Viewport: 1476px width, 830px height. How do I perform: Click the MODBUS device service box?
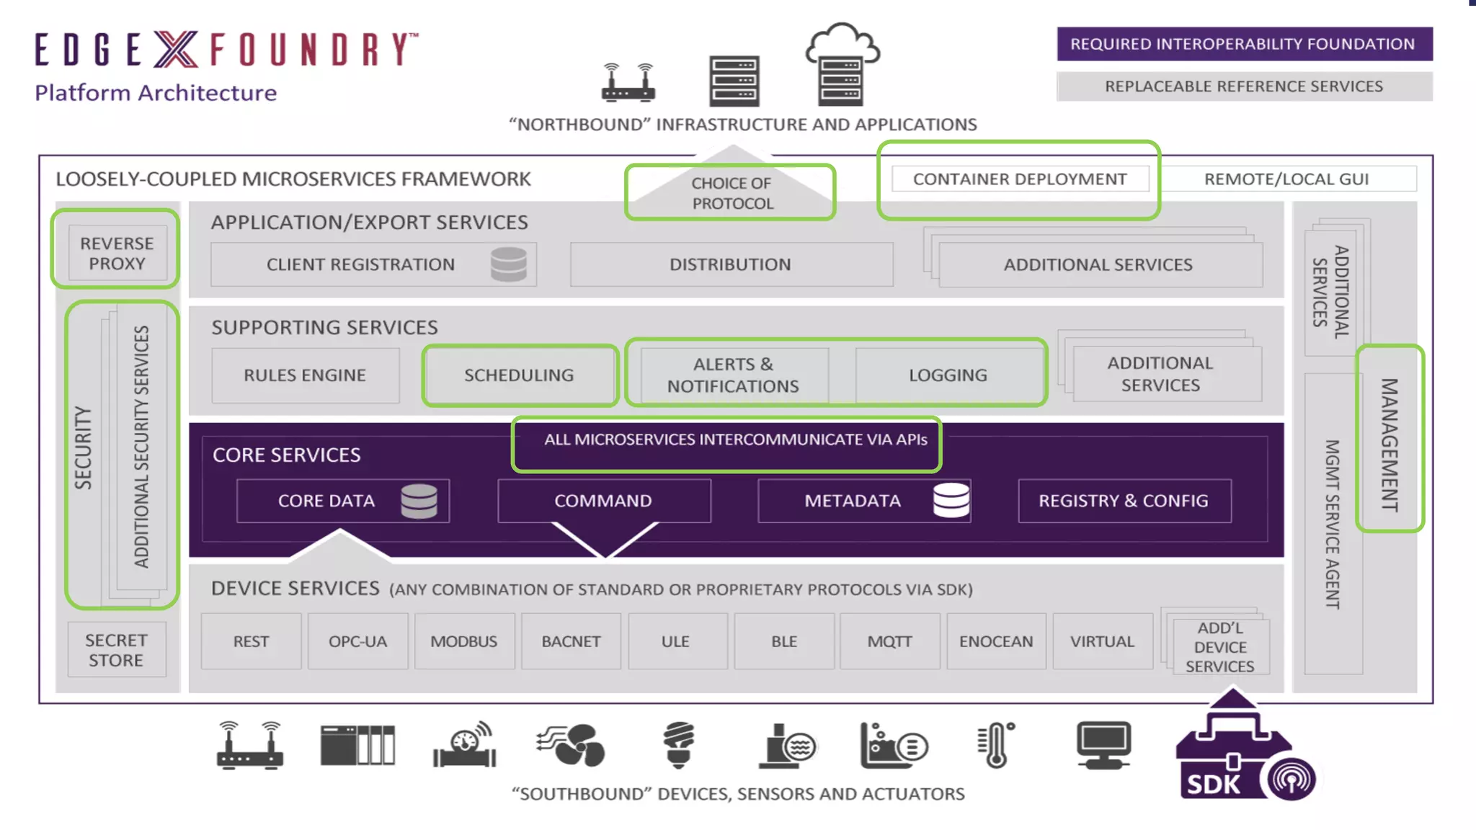[464, 641]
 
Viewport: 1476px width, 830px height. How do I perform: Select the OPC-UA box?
[357, 641]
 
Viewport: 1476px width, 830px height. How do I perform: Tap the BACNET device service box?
[571, 641]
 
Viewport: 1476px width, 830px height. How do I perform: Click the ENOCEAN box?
[996, 641]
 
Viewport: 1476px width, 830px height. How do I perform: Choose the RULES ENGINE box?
[305, 375]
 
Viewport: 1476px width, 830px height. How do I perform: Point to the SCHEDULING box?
[519, 375]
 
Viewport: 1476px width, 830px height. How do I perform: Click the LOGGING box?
[948, 375]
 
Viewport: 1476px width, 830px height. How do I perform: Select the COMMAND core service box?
[603, 501]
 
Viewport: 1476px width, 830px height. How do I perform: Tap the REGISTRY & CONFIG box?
[1124, 501]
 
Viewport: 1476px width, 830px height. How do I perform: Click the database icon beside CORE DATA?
[419, 501]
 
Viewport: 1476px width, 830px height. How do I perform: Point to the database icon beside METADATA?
[951, 499]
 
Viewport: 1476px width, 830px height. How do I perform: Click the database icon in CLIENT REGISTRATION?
[509, 264]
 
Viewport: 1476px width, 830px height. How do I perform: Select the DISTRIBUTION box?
[731, 264]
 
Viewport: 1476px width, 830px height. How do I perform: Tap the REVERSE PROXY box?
[117, 254]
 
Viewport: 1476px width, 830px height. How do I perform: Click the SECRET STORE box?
[116, 650]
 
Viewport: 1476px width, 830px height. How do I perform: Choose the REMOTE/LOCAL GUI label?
[1286, 179]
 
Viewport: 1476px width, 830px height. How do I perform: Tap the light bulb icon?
[678, 745]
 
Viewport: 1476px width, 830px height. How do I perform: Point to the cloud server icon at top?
[842, 65]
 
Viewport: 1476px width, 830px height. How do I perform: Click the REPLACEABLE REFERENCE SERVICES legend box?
[1244, 86]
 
